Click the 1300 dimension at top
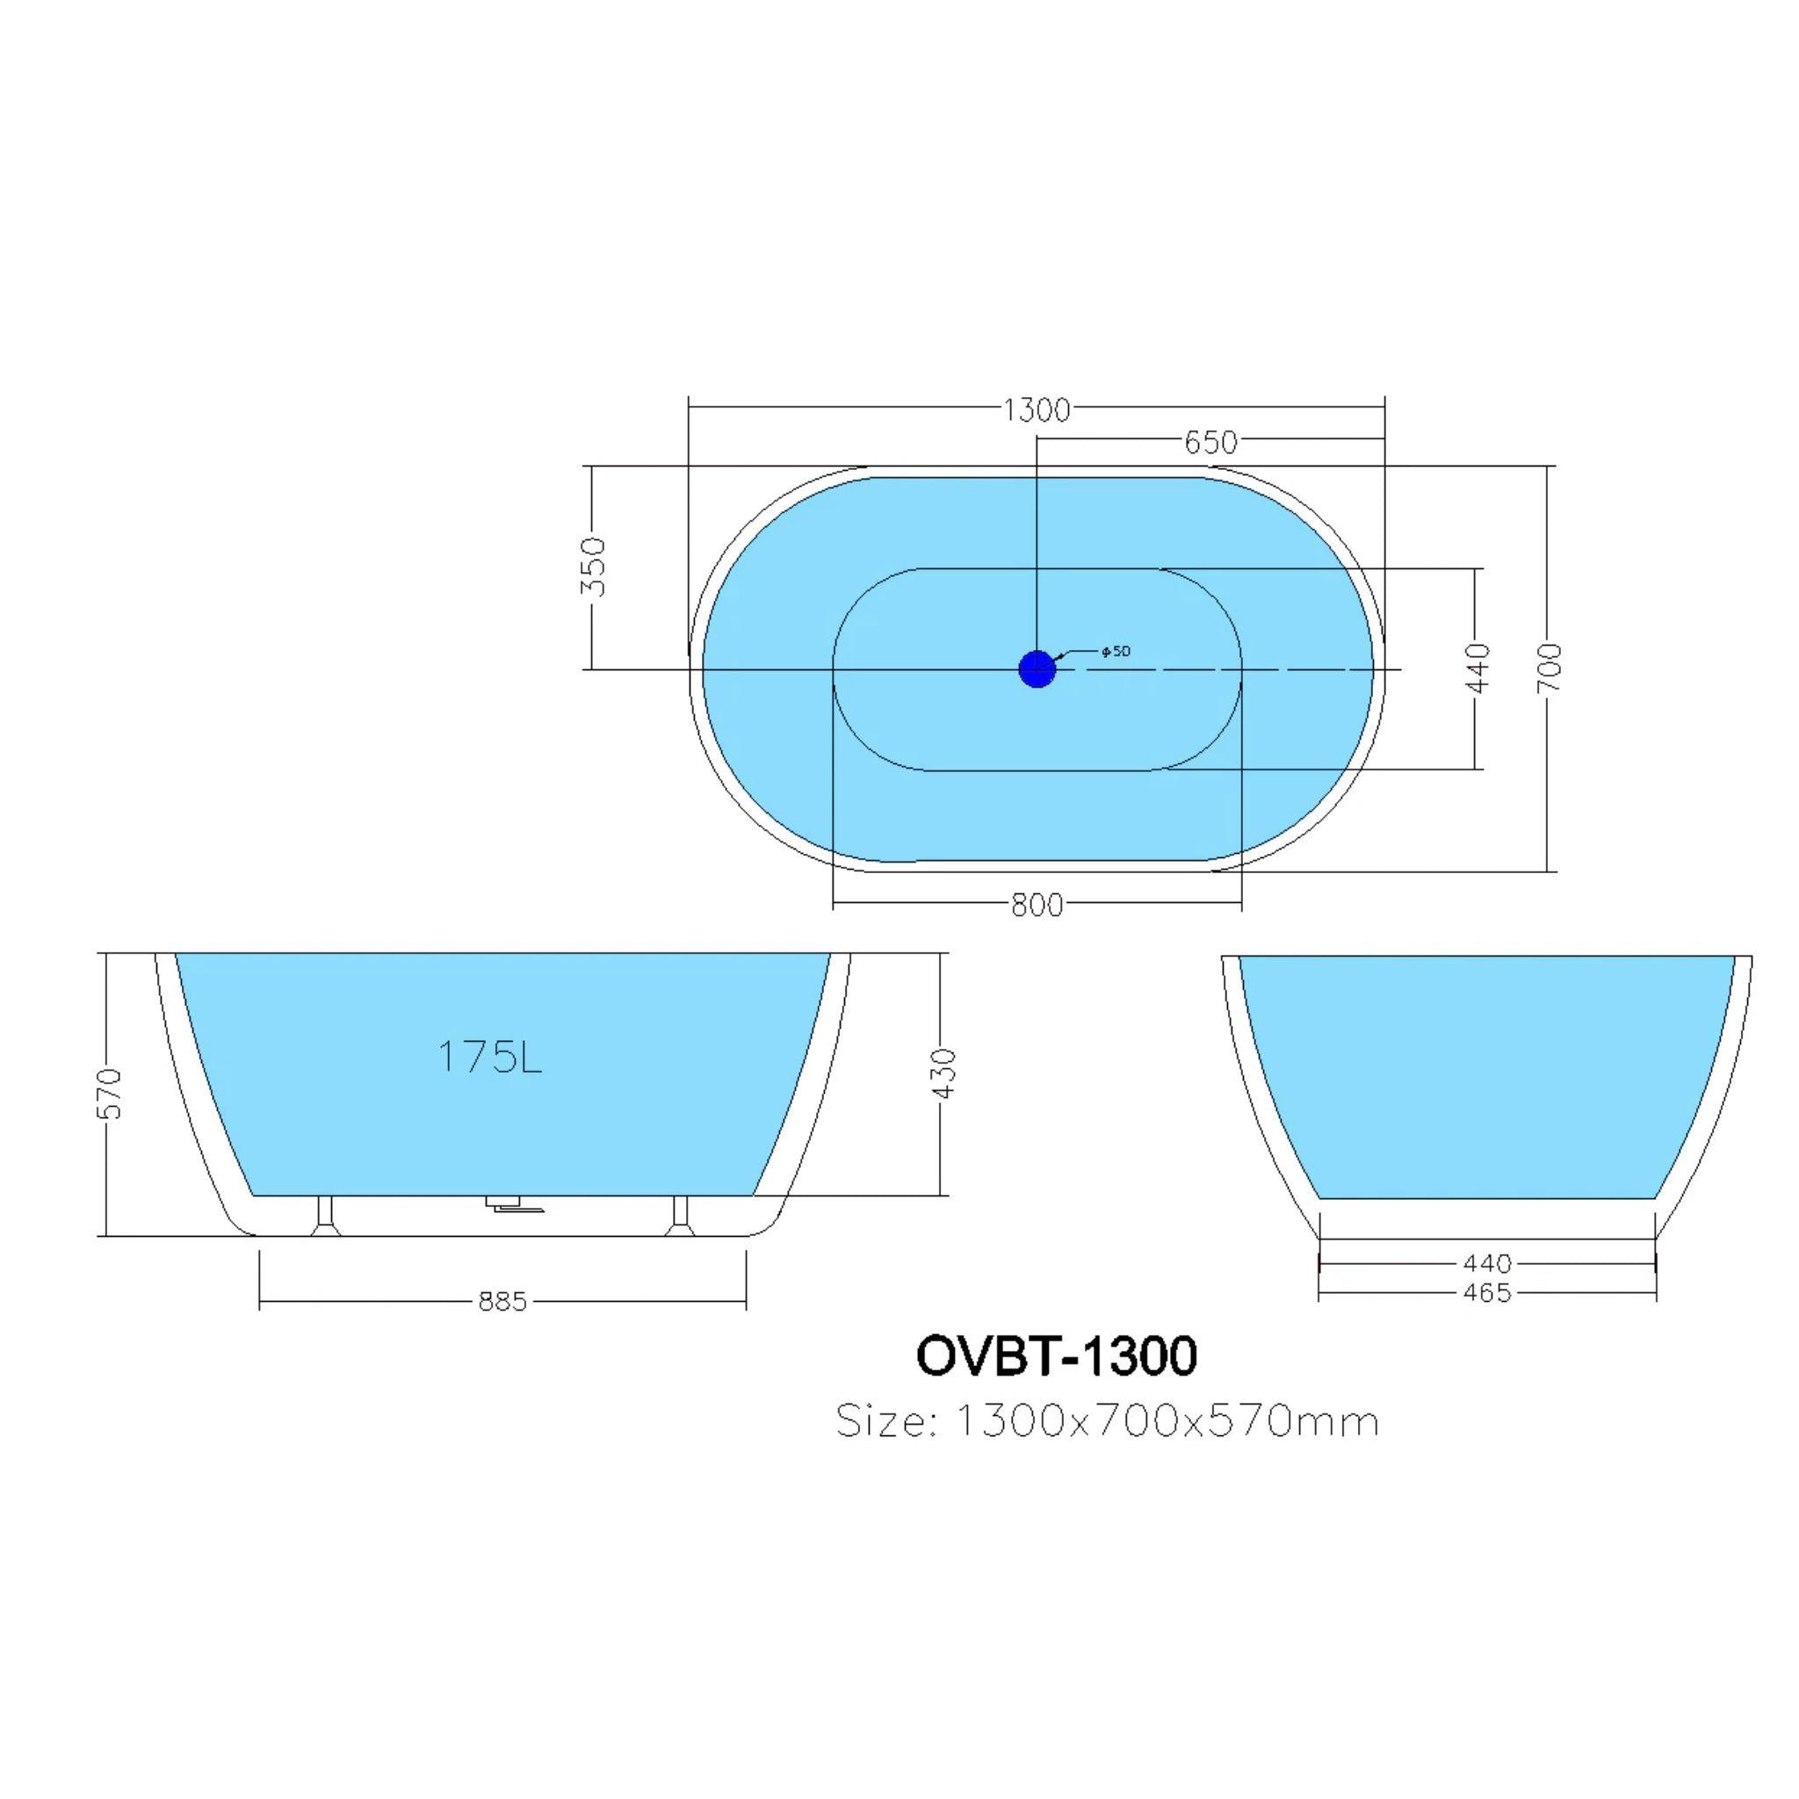point(1036,409)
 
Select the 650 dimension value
point(1210,443)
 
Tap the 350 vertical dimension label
point(593,567)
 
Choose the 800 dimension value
point(1037,905)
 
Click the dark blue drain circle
point(1037,668)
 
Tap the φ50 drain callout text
point(1115,651)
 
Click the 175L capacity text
point(489,1057)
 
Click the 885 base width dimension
point(502,1301)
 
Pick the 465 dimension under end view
point(1487,1292)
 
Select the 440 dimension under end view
point(1487,1263)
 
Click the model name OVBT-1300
point(1056,1355)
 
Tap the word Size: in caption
point(885,1422)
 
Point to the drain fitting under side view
point(508,1206)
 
